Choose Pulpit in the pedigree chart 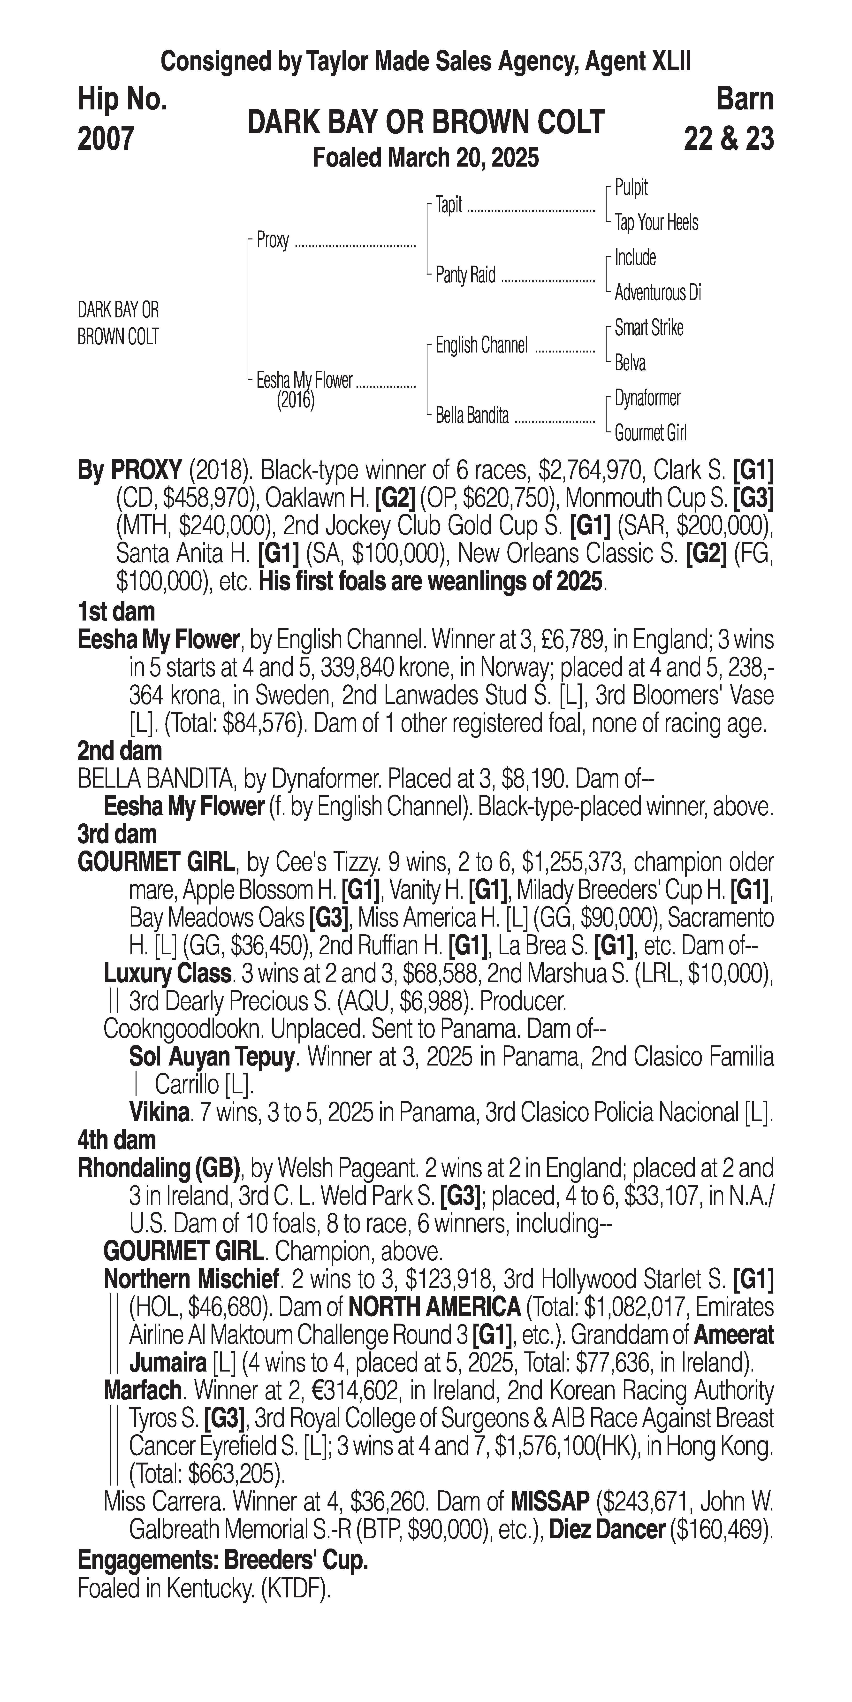(631, 188)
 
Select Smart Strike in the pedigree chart (649, 328)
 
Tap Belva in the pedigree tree (630, 363)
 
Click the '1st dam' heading (116, 611)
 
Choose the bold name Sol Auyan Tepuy (211, 1057)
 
